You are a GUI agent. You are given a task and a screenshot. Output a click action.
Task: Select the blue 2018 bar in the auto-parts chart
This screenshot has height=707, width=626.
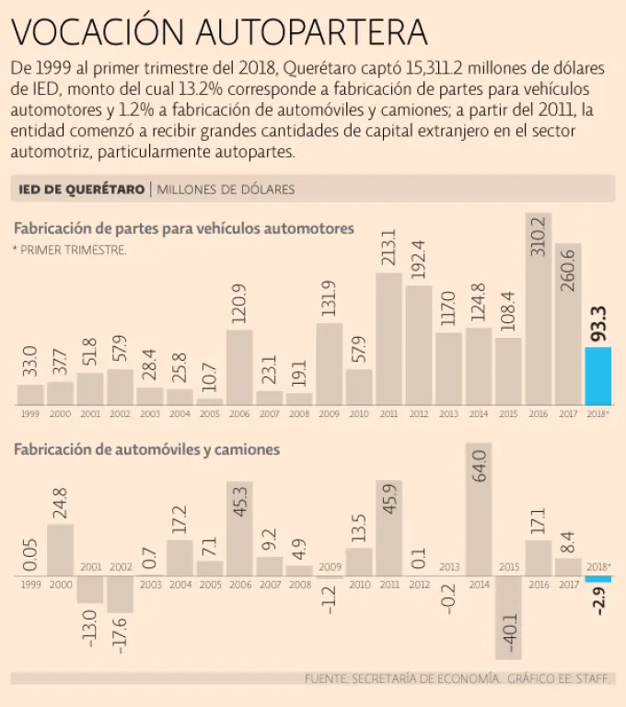(598, 376)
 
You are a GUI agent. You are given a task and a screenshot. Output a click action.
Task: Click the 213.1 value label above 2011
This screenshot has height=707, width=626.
(389, 249)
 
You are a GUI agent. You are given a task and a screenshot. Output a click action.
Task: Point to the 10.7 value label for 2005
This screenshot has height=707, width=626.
(210, 377)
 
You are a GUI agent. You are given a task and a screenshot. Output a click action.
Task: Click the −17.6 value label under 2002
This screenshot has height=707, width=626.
(121, 634)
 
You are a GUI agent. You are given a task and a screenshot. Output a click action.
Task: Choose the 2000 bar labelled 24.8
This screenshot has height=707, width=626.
(60, 550)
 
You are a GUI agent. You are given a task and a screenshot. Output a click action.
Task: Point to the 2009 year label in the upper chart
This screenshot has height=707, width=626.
(330, 413)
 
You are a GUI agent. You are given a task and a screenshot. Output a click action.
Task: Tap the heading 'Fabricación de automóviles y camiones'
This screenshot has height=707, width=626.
(146, 450)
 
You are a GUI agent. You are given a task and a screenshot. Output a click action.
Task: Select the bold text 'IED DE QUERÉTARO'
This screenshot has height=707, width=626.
(82, 190)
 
